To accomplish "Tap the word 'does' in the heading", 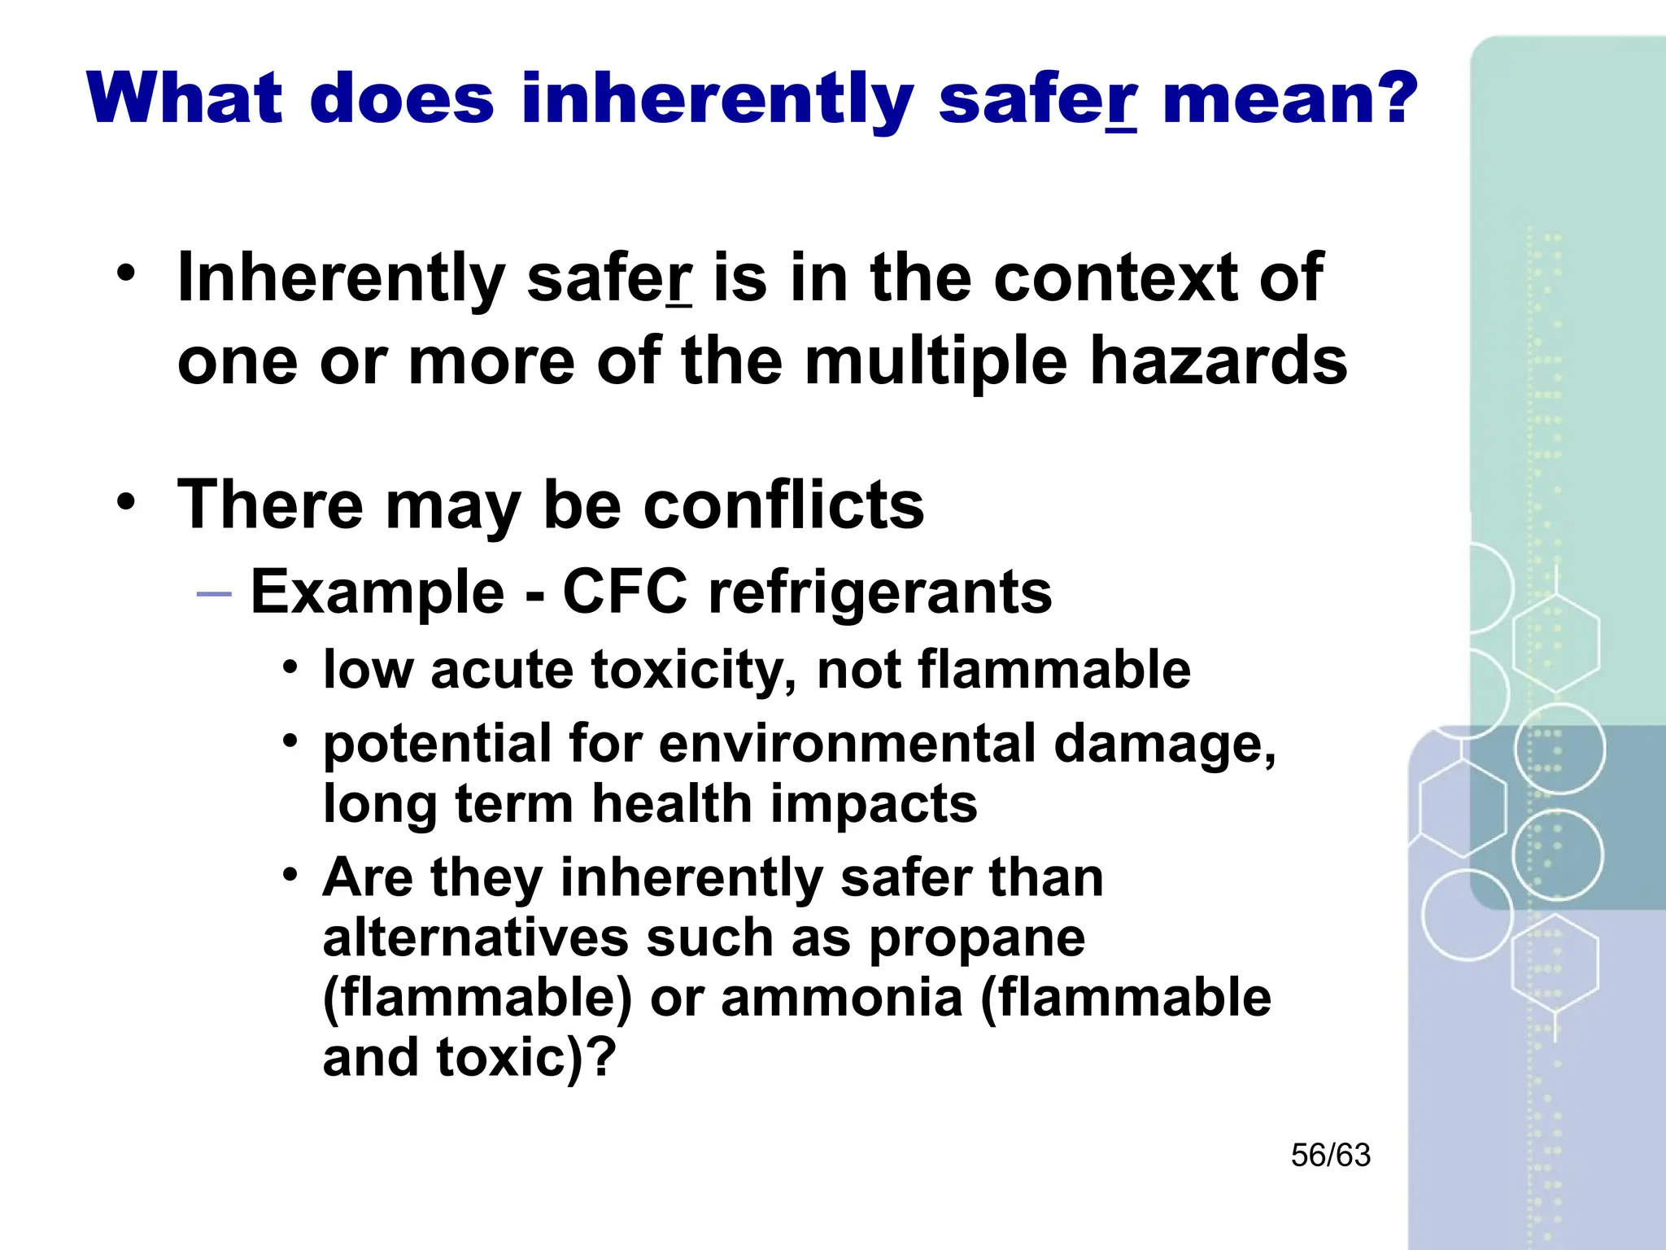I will pyautogui.click(x=402, y=99).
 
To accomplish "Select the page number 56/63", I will pyautogui.click(x=1330, y=1155).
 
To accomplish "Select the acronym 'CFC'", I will pyautogui.click(x=625, y=592).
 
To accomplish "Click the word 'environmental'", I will pyautogui.click(x=848, y=744).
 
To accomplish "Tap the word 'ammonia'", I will pyautogui.click(x=842, y=998).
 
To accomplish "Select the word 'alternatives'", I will pyautogui.click(x=476, y=937).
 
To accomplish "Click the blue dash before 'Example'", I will pyautogui.click(x=215, y=594).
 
